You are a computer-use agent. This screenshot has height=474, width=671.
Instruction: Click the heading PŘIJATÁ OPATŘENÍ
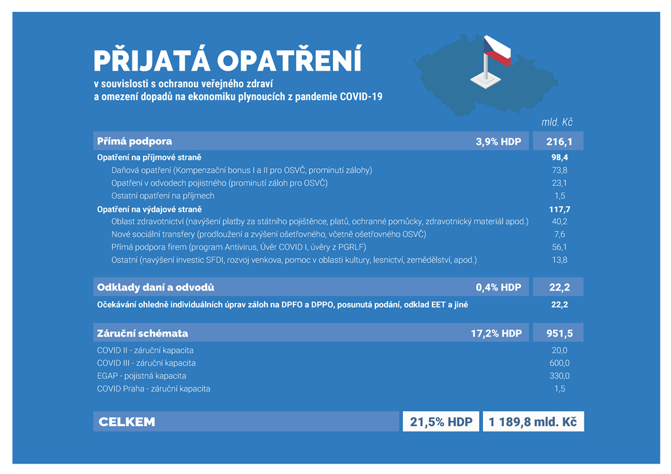pos(227,60)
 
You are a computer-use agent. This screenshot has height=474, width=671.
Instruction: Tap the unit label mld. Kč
pos(557,122)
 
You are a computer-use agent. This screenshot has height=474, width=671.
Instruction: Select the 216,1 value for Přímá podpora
pos(559,141)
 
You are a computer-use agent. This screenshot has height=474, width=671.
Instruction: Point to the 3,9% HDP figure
pos(498,141)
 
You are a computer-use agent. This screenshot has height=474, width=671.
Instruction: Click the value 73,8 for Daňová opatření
pos(559,170)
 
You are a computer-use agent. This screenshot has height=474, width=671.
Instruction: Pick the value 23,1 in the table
pos(559,183)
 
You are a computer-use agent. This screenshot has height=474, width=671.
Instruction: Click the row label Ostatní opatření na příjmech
pos(163,196)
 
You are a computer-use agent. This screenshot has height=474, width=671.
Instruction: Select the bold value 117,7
pos(559,209)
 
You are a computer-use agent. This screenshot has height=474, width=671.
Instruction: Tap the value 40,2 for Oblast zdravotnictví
pos(559,221)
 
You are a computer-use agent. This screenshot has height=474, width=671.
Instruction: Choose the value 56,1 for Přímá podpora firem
pos(559,247)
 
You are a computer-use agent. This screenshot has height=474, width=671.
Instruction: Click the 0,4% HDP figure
pos(498,287)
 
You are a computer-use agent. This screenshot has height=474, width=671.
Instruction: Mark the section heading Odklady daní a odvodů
pos(155,287)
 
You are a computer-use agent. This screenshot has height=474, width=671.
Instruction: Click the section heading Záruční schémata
pos(143,333)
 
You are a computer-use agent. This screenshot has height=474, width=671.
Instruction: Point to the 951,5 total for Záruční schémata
pos(559,333)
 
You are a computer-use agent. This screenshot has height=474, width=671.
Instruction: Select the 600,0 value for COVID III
pos(559,363)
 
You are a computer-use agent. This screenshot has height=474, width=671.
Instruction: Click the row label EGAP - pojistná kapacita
pos(142,376)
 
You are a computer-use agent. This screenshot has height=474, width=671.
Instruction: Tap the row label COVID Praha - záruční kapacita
pos(153,389)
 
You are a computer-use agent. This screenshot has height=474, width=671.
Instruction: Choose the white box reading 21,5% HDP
pos(440,422)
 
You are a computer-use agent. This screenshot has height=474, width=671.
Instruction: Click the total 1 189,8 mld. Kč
pos(533,422)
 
